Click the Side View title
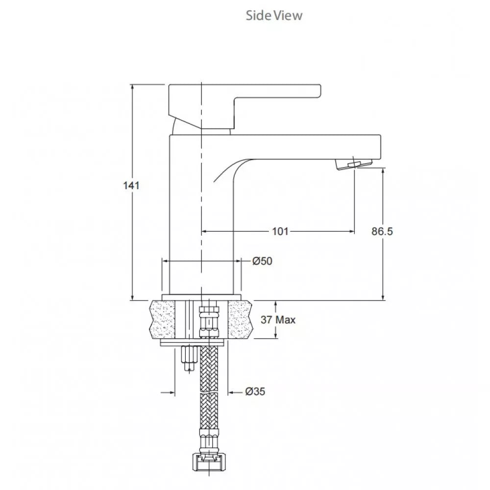click(274, 15)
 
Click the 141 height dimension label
click(132, 186)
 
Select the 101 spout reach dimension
click(280, 231)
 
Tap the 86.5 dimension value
click(382, 231)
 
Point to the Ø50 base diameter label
click(262, 261)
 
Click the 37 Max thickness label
click(278, 320)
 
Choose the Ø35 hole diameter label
click(255, 392)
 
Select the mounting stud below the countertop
click(188, 359)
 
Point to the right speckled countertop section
click(240, 319)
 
